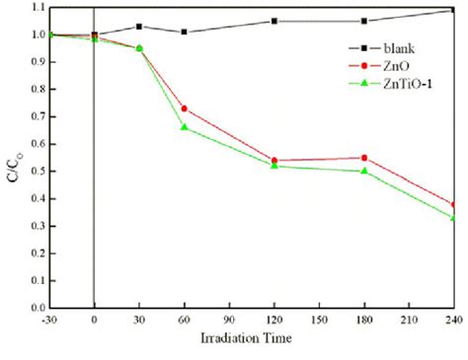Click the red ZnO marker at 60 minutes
click(184, 108)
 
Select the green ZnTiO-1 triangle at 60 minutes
click(184, 127)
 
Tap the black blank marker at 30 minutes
click(139, 27)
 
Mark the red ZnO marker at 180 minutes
click(364, 158)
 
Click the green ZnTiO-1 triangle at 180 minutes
click(364, 171)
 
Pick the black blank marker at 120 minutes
click(274, 21)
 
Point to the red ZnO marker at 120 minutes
click(274, 160)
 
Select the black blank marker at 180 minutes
click(364, 21)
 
